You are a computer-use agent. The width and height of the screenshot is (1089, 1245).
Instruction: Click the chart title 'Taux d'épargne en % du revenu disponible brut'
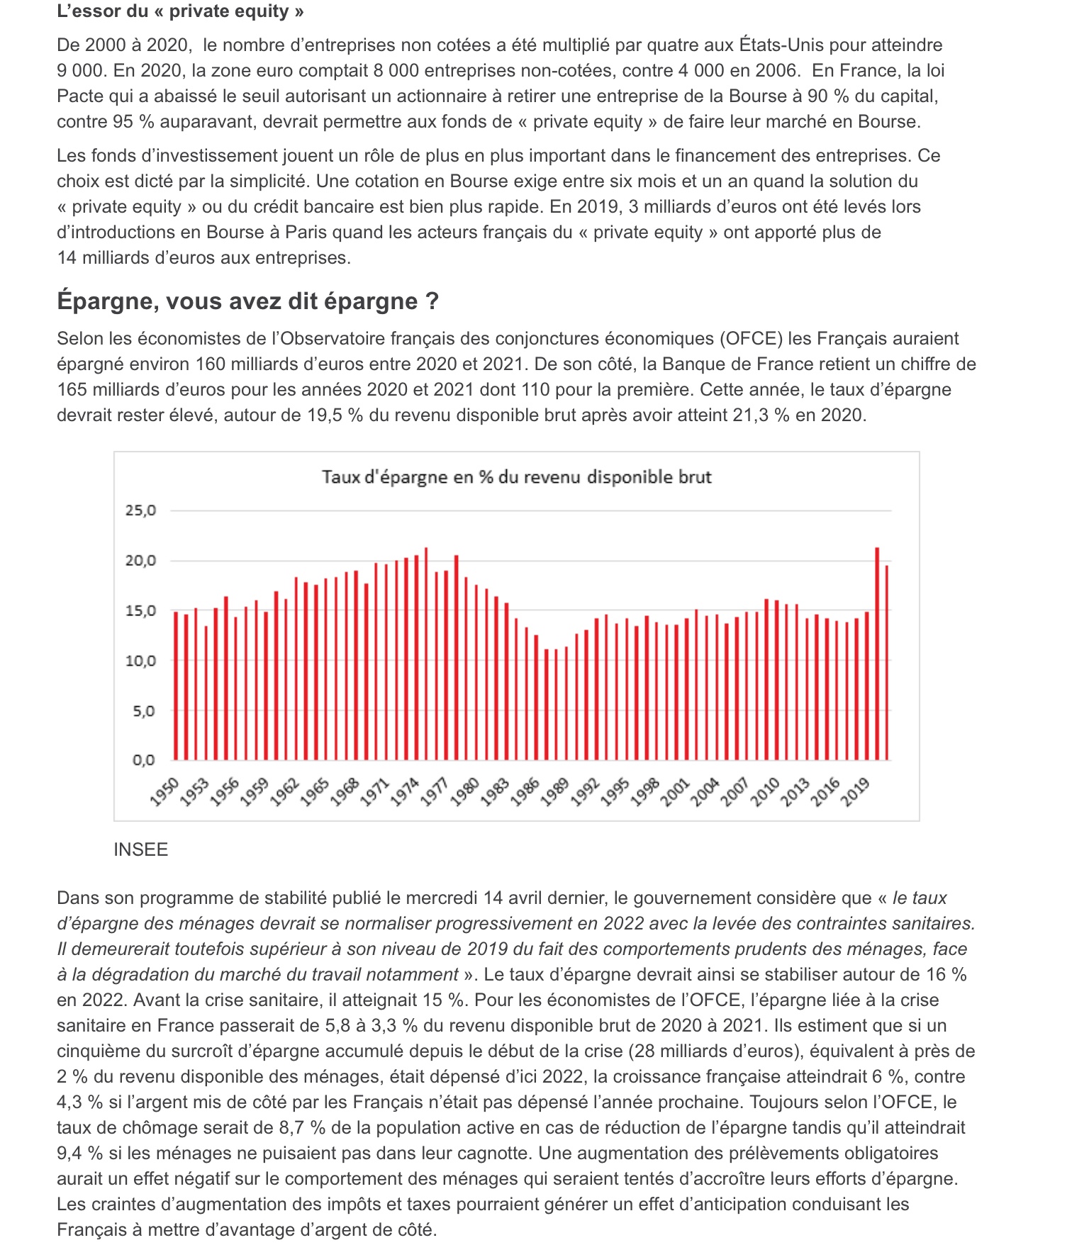(x=516, y=476)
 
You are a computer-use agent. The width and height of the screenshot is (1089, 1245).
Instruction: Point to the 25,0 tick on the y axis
(x=140, y=510)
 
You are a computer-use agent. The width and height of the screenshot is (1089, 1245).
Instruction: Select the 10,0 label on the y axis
(x=140, y=661)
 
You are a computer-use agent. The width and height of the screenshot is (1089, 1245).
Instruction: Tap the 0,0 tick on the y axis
(x=143, y=761)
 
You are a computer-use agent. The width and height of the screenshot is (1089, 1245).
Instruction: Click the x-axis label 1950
(x=164, y=791)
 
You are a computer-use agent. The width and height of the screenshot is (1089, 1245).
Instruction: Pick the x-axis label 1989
(x=555, y=791)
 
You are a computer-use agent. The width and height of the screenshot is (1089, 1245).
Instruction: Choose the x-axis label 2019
(x=856, y=791)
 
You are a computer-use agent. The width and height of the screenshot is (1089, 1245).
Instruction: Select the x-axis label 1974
(x=405, y=791)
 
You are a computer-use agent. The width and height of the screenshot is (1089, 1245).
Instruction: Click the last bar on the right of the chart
(x=887, y=663)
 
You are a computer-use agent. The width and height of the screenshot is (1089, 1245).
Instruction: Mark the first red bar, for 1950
(x=176, y=686)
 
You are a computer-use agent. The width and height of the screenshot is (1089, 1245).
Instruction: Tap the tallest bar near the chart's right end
(x=877, y=654)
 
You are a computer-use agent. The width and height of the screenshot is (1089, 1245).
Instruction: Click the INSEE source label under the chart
(x=140, y=849)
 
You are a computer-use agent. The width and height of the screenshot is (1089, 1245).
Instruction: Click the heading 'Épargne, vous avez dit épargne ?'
(x=247, y=301)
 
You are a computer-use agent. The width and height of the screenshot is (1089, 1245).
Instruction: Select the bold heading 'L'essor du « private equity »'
(x=180, y=11)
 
